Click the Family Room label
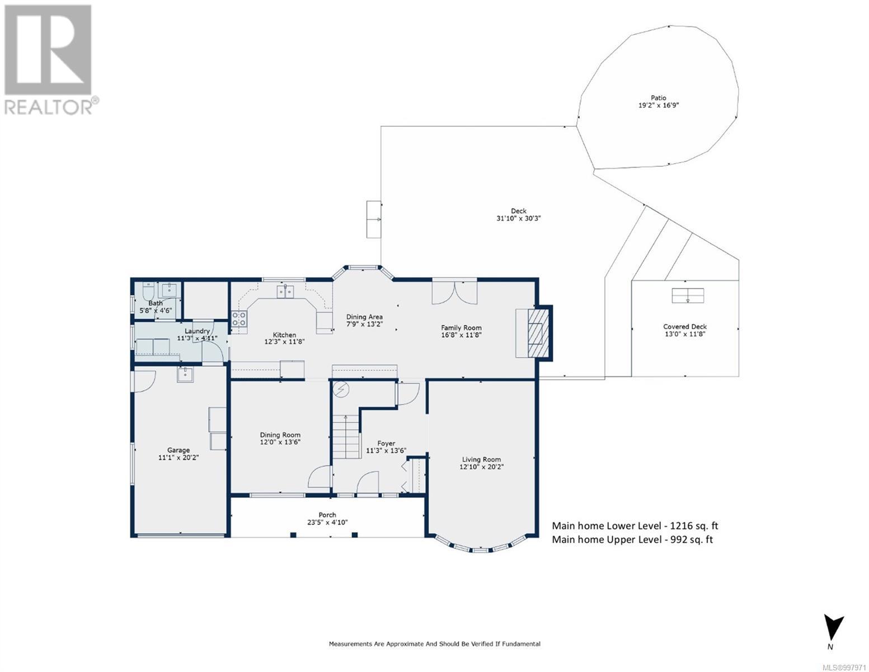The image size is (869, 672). point(461,328)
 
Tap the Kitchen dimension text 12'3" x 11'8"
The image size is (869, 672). point(284,342)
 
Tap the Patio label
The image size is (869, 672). point(658,97)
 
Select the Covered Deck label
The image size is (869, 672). point(685,326)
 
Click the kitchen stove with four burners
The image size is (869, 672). point(239,319)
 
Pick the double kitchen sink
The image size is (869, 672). point(285,292)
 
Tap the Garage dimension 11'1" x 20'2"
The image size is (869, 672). point(179,458)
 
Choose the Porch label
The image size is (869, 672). point(327,515)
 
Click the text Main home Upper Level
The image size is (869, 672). point(607,539)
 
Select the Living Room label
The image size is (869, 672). point(481,459)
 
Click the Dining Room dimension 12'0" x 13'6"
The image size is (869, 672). point(280,442)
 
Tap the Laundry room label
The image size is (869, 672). point(197,331)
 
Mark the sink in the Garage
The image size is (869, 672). point(185,375)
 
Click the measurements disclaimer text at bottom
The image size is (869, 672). point(434,644)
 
